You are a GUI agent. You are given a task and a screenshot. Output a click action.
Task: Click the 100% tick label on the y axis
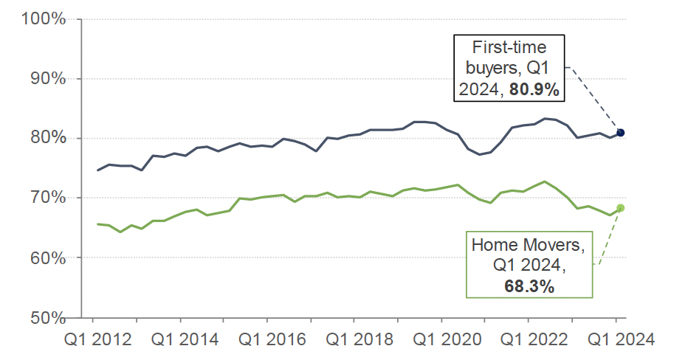tap(45, 18)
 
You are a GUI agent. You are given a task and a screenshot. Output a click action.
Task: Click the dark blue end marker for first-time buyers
tap(621, 133)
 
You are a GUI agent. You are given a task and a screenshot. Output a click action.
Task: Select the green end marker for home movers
tap(621, 208)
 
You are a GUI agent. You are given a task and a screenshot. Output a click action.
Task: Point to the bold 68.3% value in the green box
tap(529, 286)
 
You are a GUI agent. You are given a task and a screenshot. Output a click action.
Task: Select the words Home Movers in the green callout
tap(529, 244)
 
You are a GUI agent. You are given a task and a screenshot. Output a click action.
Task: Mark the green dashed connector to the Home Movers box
tap(608, 238)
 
